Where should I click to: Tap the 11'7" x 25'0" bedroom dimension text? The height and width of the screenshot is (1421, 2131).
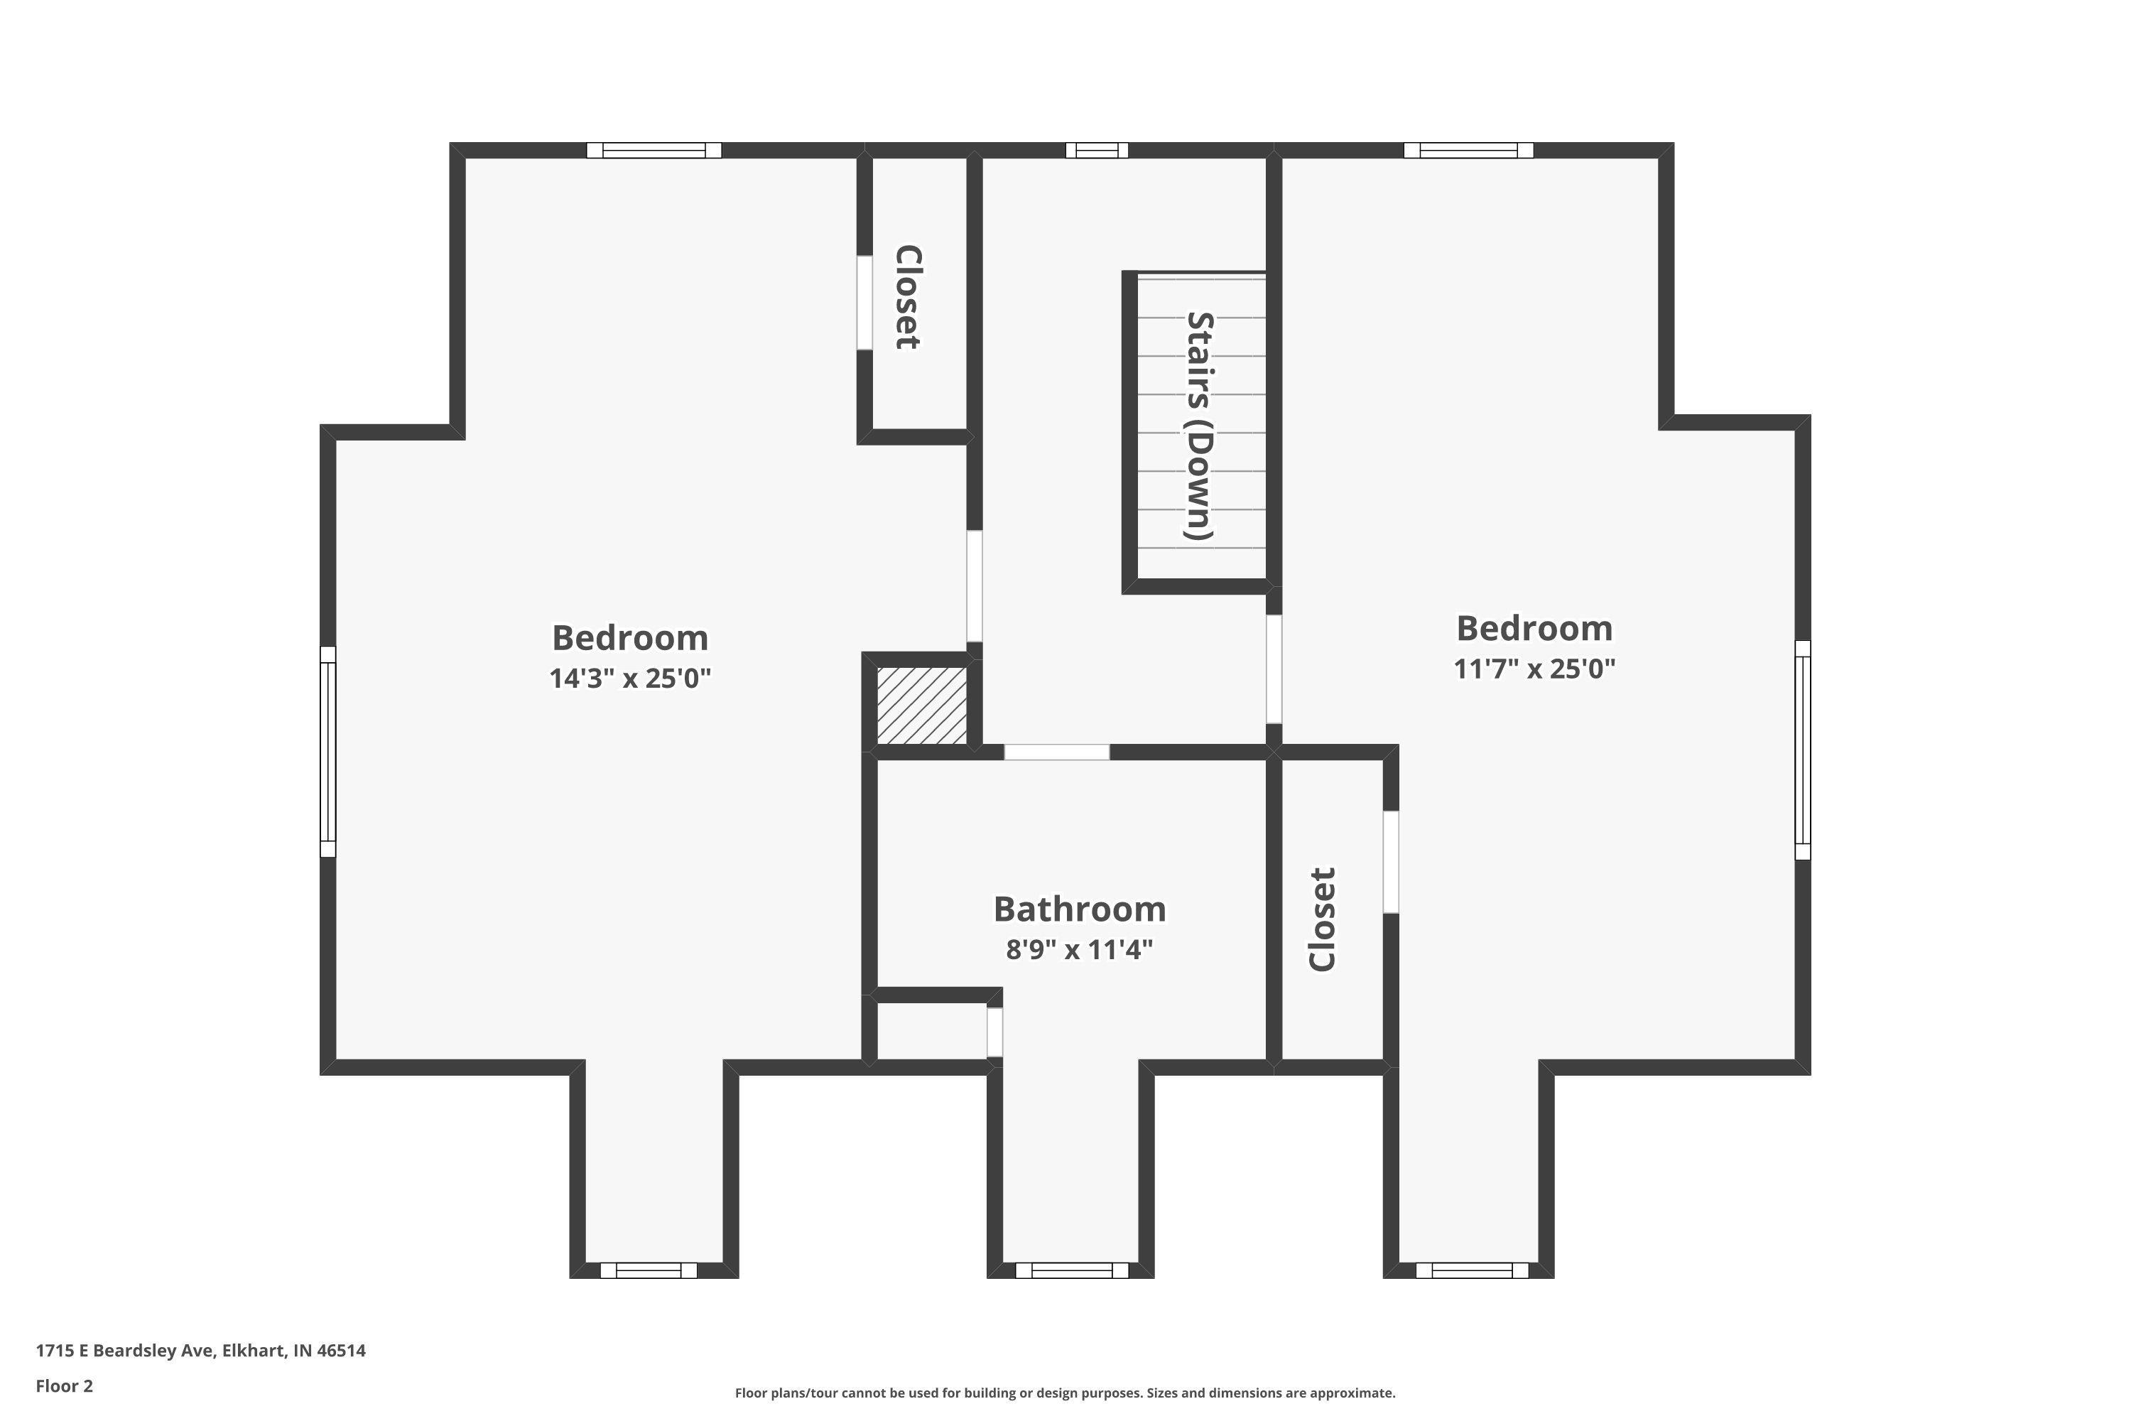point(1535,669)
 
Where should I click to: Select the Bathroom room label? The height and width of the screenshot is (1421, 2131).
point(1079,908)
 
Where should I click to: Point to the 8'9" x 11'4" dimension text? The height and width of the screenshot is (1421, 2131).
point(1079,950)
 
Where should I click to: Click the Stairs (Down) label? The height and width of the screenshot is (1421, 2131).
point(1200,426)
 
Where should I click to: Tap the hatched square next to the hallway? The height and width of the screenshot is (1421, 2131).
point(922,706)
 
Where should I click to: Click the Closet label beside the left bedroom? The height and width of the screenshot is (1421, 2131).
point(908,296)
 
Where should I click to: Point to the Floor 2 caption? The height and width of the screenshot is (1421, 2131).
point(65,1385)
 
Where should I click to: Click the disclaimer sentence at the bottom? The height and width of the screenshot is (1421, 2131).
point(1065,1393)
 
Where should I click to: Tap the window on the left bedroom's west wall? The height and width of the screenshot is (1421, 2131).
point(328,751)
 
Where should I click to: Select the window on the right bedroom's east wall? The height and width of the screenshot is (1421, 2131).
point(1803,750)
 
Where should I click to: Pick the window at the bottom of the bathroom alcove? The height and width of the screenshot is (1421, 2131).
point(1072,1270)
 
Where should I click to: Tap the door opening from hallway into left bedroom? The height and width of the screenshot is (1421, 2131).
point(974,586)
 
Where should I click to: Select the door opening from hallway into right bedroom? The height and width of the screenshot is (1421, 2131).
point(1274,669)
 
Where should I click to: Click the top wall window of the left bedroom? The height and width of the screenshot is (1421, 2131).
point(654,151)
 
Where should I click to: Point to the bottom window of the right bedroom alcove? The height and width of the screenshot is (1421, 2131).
point(1473,1270)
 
